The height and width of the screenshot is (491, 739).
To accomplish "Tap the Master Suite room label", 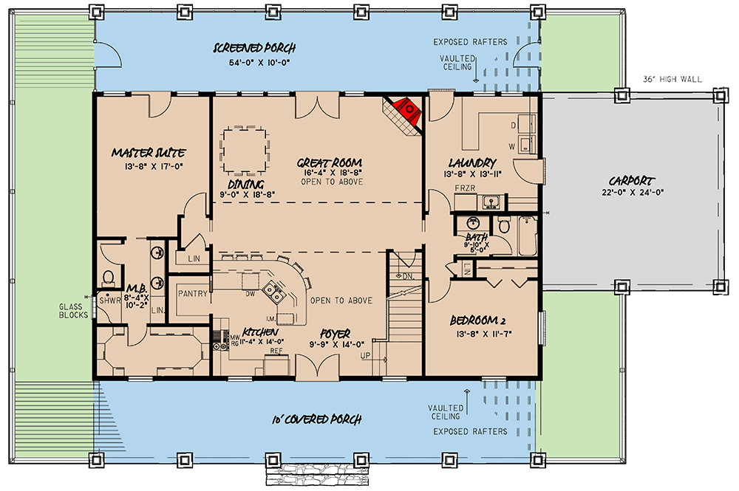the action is click(148, 153).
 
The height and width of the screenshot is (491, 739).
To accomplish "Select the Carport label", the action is click(631, 181).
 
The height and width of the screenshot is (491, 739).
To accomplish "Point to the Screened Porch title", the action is click(254, 48).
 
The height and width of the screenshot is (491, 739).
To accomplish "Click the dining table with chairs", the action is click(245, 151).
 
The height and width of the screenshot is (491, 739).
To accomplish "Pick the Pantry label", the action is click(193, 293).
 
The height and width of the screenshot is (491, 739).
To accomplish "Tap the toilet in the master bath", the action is click(109, 278).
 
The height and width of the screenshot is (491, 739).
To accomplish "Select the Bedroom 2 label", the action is click(478, 321).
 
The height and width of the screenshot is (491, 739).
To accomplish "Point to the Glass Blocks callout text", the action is click(73, 311).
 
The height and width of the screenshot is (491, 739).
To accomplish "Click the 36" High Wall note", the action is click(672, 79).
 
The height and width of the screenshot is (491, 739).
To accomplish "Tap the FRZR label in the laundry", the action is click(465, 188).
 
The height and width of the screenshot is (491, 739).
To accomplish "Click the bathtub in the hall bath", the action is click(528, 236).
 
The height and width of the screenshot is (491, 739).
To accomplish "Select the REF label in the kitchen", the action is click(276, 351).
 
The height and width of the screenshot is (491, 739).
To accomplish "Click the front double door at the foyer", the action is click(317, 366).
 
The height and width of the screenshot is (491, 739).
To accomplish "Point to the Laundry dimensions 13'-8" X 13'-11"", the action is click(472, 174).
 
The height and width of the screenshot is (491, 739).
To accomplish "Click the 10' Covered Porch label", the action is click(317, 419).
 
